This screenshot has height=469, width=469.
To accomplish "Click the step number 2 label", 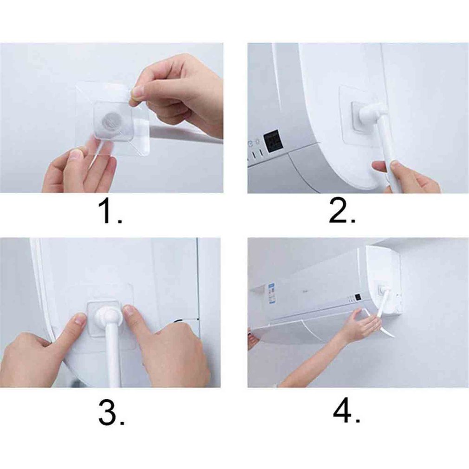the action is [x=342, y=211].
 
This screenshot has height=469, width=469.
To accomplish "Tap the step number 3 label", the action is [x=111, y=413].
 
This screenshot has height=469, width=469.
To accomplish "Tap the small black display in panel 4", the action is [x=358, y=297].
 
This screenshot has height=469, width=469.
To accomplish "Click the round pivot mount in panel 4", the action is [x=383, y=290].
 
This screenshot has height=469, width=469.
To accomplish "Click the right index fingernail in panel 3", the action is [x=129, y=312].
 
